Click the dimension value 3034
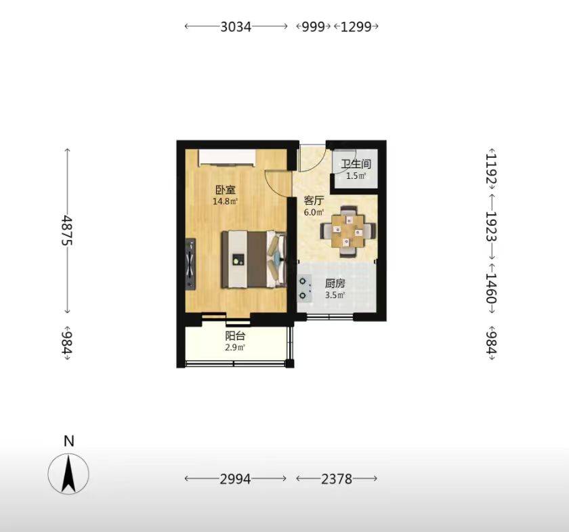[236, 26]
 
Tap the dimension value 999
[314, 26]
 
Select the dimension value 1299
[356, 26]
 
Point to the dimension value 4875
[67, 230]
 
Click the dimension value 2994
[235, 479]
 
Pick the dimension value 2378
[337, 479]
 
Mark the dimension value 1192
[491, 169]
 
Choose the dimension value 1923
[491, 227]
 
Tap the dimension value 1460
[491, 287]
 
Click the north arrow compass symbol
[68, 474]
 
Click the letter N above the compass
[68, 441]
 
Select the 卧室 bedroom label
[226, 190]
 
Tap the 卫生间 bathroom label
[356, 164]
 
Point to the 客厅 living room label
[314, 201]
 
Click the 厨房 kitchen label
[335, 283]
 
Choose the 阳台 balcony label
[235, 336]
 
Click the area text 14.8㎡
[226, 201]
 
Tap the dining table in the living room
[348, 231]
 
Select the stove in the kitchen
[304, 289]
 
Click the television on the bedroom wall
[190, 264]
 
